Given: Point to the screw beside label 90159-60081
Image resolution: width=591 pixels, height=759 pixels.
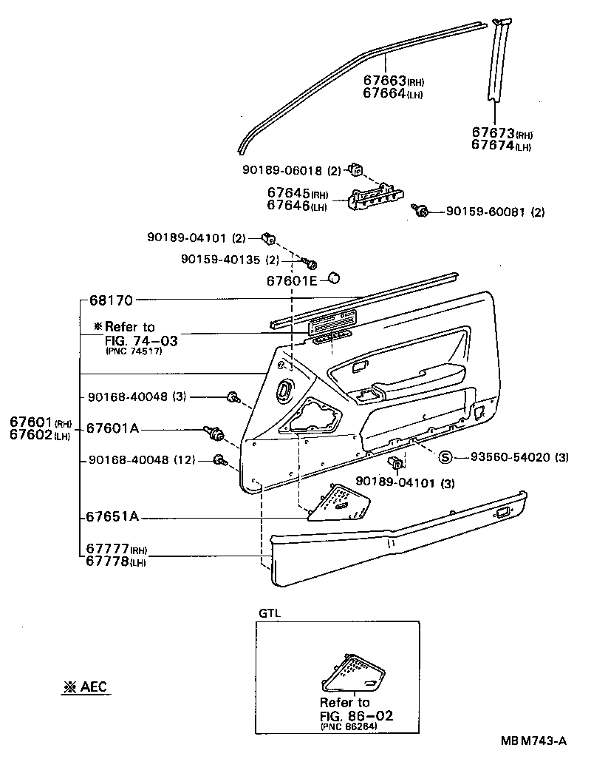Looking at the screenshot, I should pos(423,212).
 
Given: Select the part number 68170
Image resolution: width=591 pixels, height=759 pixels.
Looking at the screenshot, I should pos(110,301).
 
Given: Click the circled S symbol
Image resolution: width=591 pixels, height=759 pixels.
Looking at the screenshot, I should pos(445,457).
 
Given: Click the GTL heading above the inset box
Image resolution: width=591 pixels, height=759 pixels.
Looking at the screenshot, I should pos(270,613).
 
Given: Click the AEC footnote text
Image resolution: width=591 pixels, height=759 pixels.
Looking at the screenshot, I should pos(84,687).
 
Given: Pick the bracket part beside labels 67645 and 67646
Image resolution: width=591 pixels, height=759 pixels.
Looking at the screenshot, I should pos(377,198).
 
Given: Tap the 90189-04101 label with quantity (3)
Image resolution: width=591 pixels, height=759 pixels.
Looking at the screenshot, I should pos(403,482).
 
